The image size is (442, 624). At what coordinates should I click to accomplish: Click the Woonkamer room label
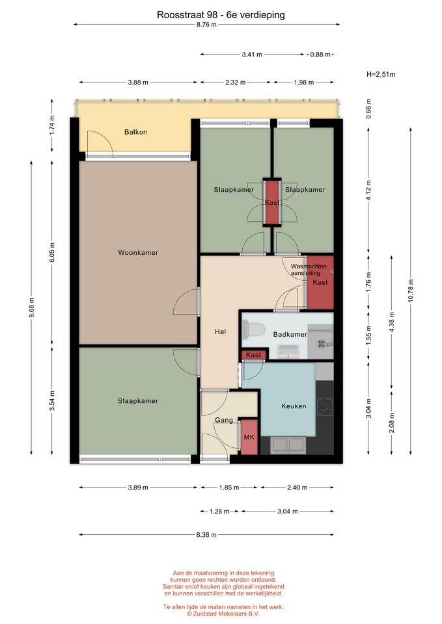[138, 253]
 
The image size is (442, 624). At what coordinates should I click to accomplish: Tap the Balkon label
[135, 132]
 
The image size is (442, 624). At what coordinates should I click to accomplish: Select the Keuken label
[294, 406]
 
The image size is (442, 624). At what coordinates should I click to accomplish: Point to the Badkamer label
[290, 334]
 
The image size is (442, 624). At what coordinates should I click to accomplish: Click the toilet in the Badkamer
[254, 330]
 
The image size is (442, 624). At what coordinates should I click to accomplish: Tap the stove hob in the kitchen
[325, 407]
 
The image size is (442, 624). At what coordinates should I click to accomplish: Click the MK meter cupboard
[249, 437]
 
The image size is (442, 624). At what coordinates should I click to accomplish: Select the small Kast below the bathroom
[253, 355]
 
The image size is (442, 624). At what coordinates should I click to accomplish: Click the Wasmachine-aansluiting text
[310, 270]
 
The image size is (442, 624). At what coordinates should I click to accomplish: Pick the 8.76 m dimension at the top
[206, 25]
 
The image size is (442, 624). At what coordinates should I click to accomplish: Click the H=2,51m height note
[381, 74]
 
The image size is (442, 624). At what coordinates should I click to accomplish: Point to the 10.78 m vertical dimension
[411, 291]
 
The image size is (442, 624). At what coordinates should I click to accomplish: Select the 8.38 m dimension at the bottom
[206, 535]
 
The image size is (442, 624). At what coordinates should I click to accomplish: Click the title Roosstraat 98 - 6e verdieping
[221, 15]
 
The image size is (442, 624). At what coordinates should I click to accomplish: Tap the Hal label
[221, 331]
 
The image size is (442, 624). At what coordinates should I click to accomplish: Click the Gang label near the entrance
[224, 420]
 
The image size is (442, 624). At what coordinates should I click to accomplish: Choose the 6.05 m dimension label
[52, 252]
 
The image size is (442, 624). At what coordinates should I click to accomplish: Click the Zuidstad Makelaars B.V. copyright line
[223, 614]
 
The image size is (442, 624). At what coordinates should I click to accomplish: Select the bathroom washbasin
[288, 351]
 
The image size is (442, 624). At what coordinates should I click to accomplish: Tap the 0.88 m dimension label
[320, 55]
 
